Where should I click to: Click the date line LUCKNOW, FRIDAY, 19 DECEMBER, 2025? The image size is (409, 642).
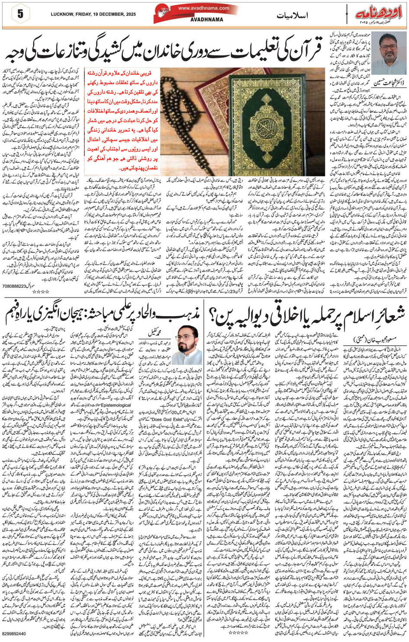click(93, 14)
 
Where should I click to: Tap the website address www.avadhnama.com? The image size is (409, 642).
click(203, 8)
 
